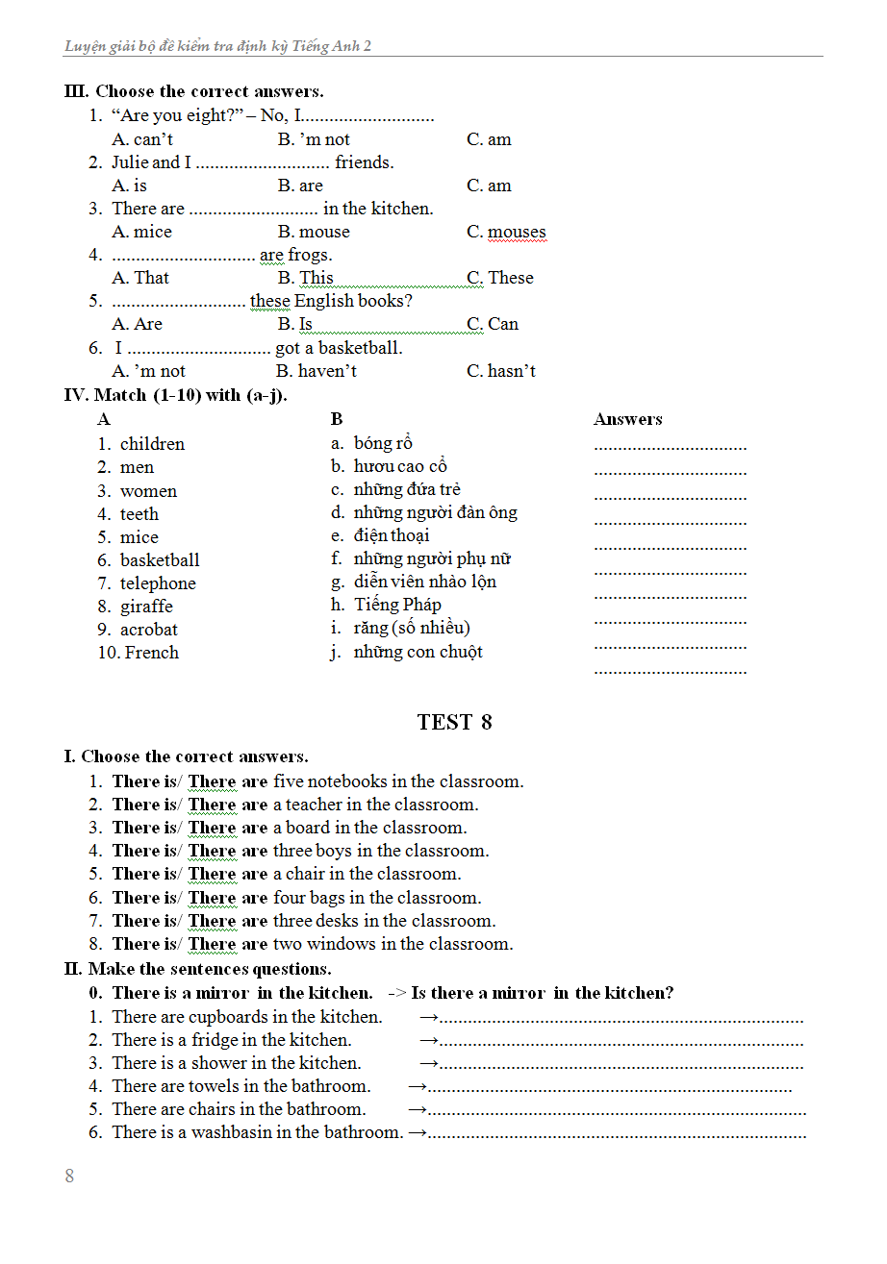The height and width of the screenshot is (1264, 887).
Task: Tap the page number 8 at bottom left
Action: tap(69, 1177)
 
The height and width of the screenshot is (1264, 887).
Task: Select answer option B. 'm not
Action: tap(314, 139)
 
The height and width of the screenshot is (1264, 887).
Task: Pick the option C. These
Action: tap(500, 278)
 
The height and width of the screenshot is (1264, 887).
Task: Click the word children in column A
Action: tap(152, 444)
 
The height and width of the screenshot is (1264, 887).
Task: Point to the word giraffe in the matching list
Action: tap(146, 607)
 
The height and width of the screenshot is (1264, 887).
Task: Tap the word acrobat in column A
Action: tap(149, 630)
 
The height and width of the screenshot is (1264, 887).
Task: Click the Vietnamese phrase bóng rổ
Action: tap(383, 443)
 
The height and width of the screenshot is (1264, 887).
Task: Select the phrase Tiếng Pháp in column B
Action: tap(397, 605)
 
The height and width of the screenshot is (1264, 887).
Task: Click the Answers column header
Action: tap(628, 419)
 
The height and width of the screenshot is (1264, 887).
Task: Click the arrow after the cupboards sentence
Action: tap(430, 1017)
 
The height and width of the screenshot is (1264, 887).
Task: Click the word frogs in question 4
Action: tap(310, 256)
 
